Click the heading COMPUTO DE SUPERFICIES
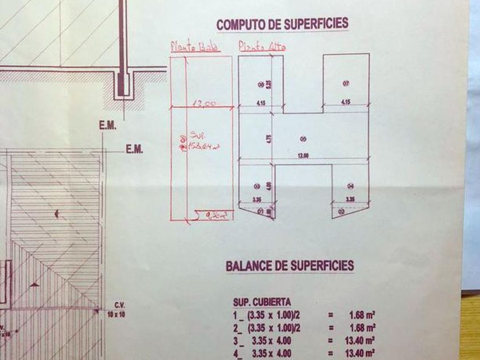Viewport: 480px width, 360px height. (x=282, y=24)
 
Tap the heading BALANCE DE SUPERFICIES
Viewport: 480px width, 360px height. (x=290, y=266)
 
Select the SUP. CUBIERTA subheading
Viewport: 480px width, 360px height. (x=262, y=302)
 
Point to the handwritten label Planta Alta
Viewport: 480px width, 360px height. (x=262, y=46)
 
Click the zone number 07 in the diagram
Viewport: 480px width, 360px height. (x=346, y=83)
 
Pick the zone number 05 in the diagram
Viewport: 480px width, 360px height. (x=303, y=138)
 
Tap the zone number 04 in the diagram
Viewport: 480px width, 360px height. (x=350, y=186)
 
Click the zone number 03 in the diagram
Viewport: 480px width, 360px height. (x=257, y=186)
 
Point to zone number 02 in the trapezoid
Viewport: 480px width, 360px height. (x=341, y=211)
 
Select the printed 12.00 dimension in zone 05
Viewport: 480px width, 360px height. (x=303, y=155)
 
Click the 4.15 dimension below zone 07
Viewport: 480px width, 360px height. (x=345, y=102)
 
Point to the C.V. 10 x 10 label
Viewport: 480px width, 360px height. (x=119, y=309)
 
